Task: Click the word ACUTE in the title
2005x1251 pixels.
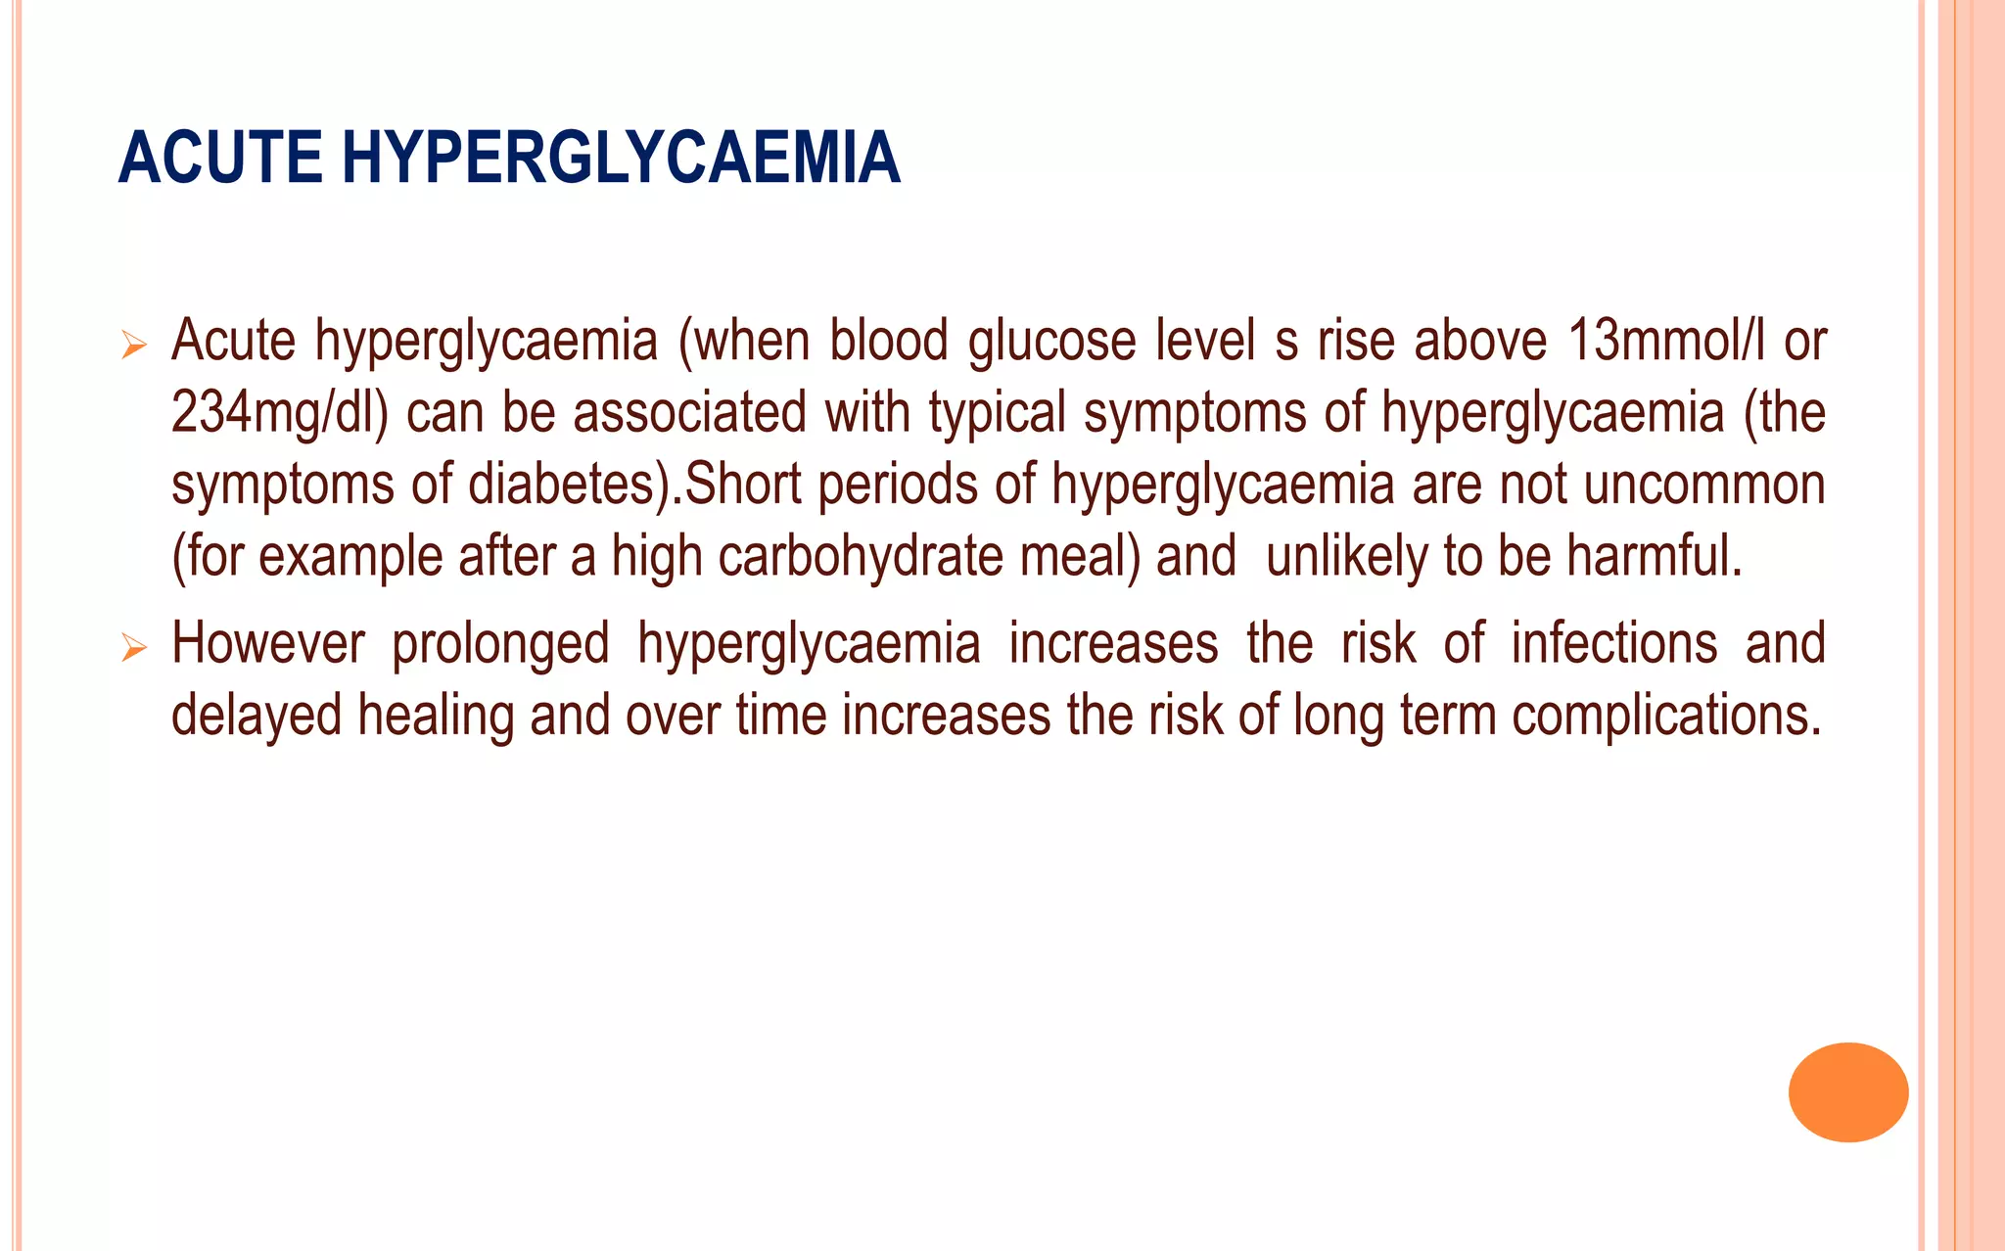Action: point(220,159)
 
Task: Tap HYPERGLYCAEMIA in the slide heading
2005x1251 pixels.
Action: point(621,159)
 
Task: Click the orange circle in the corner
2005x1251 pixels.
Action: point(1847,1091)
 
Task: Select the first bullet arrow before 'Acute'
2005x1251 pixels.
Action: point(133,345)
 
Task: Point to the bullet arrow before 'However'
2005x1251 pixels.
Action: point(133,648)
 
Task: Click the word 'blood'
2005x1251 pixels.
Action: point(889,341)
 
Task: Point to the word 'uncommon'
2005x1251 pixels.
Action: point(1704,485)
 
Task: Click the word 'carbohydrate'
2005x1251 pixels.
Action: point(861,556)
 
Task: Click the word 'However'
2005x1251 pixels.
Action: point(268,644)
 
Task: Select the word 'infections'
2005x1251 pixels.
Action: point(1614,644)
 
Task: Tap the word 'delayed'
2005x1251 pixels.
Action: point(256,717)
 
